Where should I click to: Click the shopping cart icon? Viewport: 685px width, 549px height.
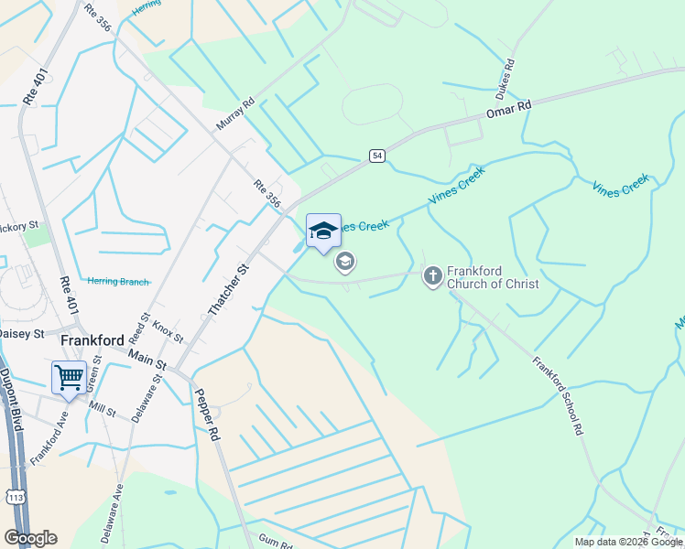click(x=69, y=376)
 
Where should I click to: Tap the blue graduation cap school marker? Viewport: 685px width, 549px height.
click(x=322, y=231)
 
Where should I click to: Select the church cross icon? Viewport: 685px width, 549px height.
click(x=433, y=275)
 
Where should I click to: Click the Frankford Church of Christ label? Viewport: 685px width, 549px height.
click(x=493, y=277)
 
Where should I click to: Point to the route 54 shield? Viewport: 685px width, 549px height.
click(x=376, y=156)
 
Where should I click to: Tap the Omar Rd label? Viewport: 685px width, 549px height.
click(x=508, y=109)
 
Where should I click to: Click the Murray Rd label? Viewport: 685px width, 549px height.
click(x=234, y=115)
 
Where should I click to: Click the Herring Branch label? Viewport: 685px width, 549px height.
click(x=116, y=281)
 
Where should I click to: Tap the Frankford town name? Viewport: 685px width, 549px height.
click(x=92, y=340)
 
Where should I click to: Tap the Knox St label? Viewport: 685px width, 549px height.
click(x=168, y=327)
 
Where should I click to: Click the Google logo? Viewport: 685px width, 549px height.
click(x=30, y=538)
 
